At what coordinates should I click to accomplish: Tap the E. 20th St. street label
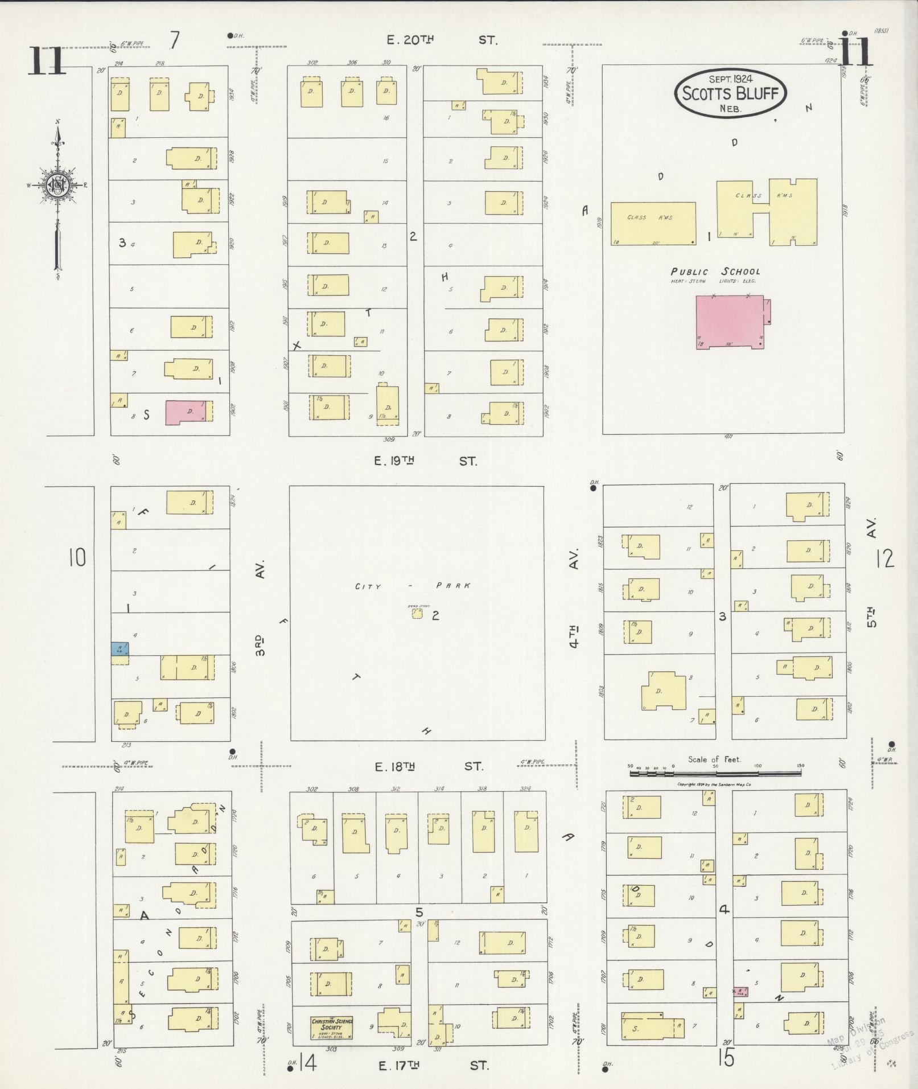441,40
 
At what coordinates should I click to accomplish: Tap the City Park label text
413,586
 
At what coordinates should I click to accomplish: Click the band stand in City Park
418,614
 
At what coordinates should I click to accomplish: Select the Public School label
715,272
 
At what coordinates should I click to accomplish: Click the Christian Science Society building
332,1027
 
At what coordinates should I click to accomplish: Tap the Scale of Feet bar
715,774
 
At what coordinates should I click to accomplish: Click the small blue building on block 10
120,648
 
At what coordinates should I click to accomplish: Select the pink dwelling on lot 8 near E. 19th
186,412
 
